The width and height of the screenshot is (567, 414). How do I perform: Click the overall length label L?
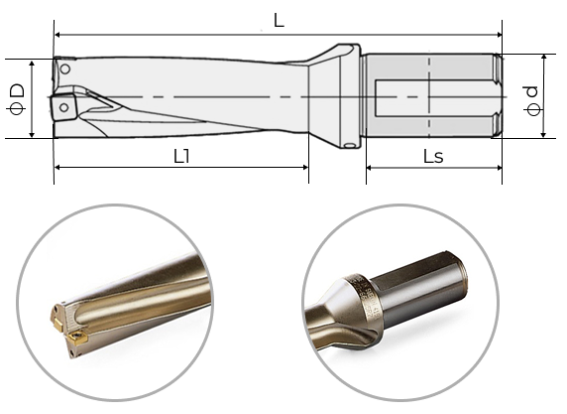[279, 21]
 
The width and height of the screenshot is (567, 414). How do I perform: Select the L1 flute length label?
[181, 157]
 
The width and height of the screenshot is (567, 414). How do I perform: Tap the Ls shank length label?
[433, 157]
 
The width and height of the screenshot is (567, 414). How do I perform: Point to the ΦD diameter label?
[17, 99]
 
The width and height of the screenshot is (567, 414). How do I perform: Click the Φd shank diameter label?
[532, 100]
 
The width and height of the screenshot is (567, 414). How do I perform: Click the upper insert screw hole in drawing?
[65, 69]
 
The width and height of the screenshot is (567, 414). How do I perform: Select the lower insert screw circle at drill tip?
[64, 107]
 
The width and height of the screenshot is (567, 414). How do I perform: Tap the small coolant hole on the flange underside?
[350, 146]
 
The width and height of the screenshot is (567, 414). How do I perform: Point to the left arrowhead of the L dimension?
[57, 35]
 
